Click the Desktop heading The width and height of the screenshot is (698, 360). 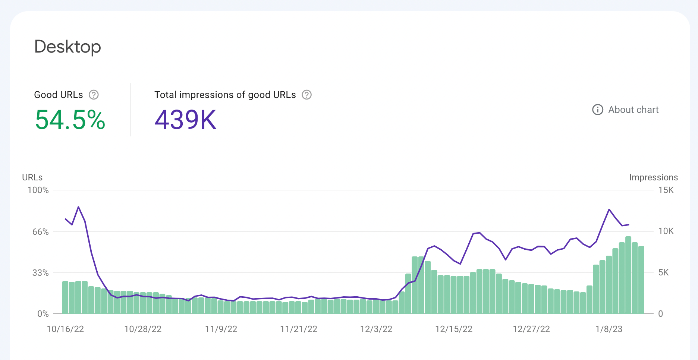pos(67,47)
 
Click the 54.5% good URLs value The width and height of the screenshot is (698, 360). pos(70,120)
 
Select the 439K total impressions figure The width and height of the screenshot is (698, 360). pos(185,120)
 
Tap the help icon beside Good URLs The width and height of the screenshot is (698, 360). pos(94,95)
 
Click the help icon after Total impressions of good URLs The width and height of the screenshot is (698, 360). pos(306,95)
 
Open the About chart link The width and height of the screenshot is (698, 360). pos(626,110)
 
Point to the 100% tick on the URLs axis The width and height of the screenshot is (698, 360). pos(38,190)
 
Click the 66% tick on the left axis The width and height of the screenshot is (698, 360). pos(40,232)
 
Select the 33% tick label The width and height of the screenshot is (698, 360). pos(40,273)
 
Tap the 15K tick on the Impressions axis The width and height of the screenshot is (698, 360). pos(666,190)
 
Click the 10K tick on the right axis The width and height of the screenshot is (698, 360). pos(666,231)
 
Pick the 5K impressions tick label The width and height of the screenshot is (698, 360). pos(663,272)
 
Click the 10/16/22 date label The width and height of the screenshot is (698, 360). pos(65,329)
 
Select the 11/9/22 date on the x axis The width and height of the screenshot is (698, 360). pos(221,329)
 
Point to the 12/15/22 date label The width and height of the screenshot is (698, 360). pos(454,329)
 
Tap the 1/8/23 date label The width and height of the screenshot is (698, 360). pos(609,329)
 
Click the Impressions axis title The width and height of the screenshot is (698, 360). pos(653,177)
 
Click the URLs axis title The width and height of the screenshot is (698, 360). pos(32,177)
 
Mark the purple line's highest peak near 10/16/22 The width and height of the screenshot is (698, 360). pos(78,207)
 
